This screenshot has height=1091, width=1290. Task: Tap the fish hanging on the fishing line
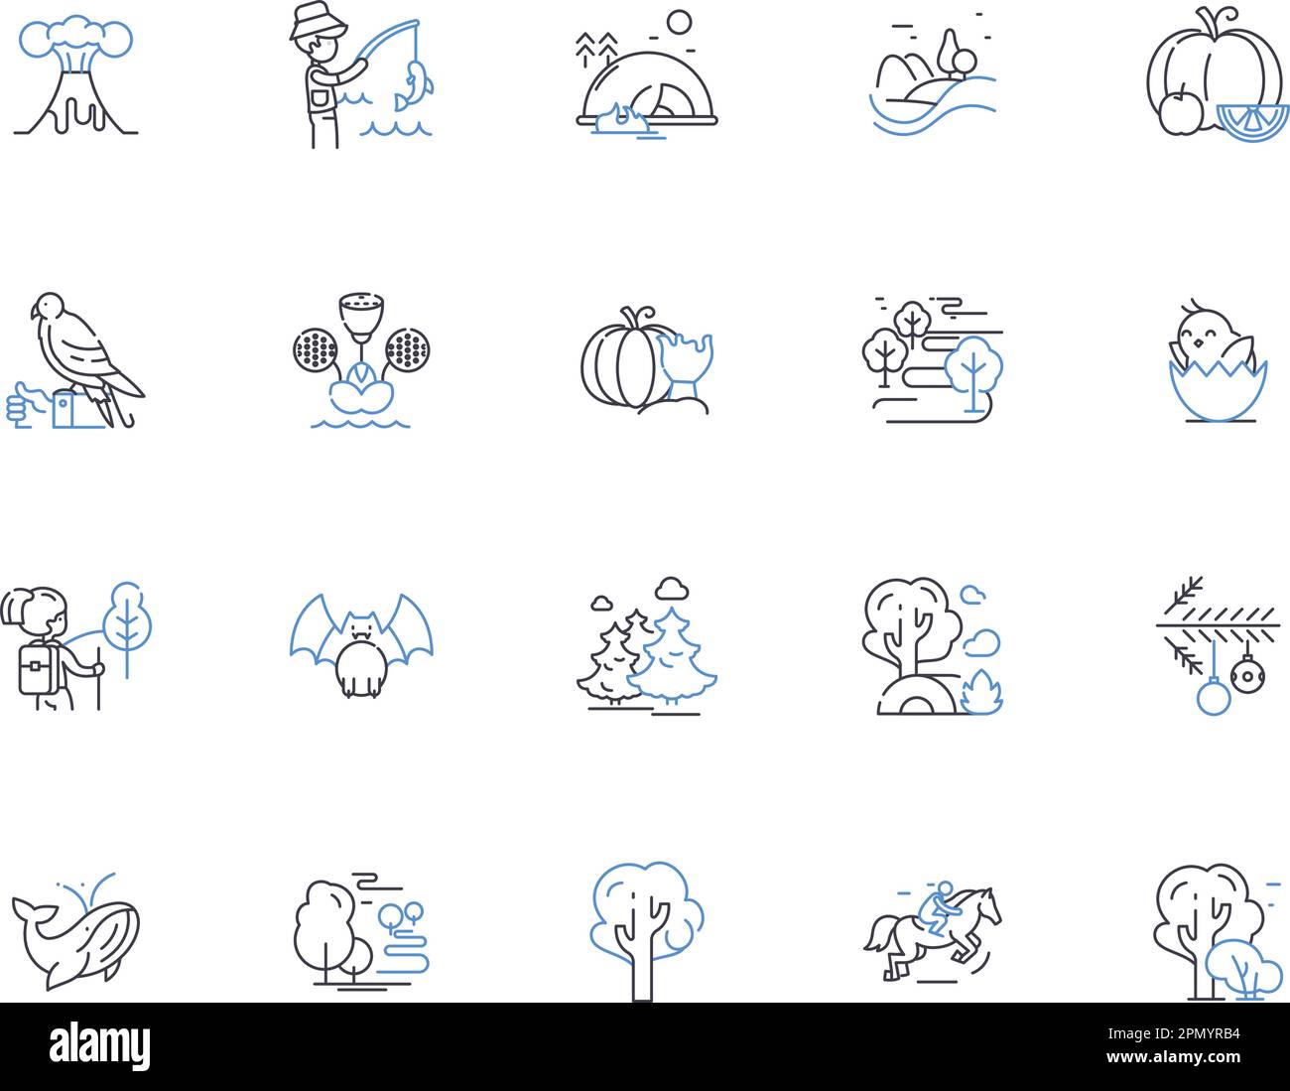[414, 85]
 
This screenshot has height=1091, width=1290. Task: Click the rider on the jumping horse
[937, 907]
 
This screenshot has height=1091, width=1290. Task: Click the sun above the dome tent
[679, 22]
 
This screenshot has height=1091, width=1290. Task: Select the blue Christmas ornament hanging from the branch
[1213, 697]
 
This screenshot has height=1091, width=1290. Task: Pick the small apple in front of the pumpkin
[1179, 112]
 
